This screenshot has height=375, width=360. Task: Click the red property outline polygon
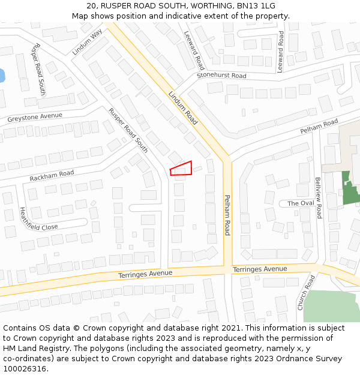pos(181,169)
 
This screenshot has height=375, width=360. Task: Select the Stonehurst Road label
pos(221,76)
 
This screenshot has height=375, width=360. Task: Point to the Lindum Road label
pos(183,108)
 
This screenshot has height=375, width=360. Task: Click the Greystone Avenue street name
pos(35,116)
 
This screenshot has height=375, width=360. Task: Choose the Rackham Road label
pos(52,175)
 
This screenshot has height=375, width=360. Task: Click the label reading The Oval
pos(301,203)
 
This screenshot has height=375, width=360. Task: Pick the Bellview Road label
pos(319,197)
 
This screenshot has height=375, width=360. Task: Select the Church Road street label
pos(306,292)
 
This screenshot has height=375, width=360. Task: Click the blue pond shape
pos(2,76)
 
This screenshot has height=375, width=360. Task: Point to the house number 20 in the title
pos(92,5)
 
